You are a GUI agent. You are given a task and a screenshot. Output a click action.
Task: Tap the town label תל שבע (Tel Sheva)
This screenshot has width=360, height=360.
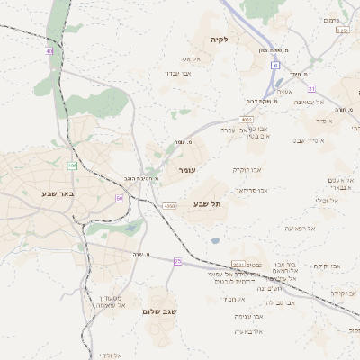click(x=206, y=205)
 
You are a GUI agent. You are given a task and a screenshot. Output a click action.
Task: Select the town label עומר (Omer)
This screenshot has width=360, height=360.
click(x=187, y=169)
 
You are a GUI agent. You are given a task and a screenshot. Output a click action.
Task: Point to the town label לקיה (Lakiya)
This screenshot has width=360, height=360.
click(x=220, y=40)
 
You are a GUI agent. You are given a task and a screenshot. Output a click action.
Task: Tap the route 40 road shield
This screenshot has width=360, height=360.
click(x=49, y=51)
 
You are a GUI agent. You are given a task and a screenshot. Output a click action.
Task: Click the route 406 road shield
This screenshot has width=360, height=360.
click(x=71, y=166)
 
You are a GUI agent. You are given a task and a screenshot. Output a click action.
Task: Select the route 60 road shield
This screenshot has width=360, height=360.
click(x=119, y=198)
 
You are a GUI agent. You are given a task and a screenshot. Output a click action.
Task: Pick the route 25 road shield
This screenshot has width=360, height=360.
click(x=178, y=261)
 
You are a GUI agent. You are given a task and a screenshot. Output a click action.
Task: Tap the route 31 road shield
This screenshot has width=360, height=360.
click(x=311, y=89)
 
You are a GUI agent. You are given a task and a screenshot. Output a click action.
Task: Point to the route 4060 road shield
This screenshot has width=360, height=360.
click(x=247, y=119)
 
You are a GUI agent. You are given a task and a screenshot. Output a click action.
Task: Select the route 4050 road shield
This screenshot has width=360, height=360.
click(x=169, y=206)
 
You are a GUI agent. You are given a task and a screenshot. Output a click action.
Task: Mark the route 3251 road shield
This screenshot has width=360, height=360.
click(x=342, y=31)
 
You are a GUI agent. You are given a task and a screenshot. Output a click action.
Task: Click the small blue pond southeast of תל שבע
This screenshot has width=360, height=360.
click(x=214, y=240)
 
